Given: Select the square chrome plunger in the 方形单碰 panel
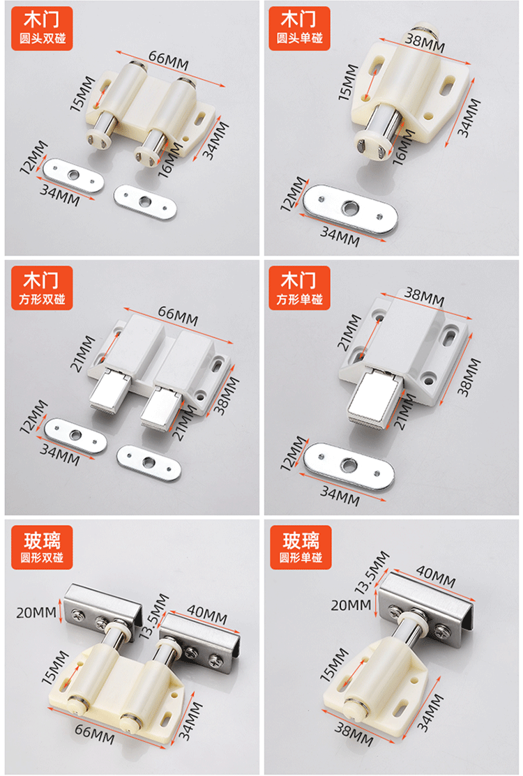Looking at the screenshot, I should coord(377,402).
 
